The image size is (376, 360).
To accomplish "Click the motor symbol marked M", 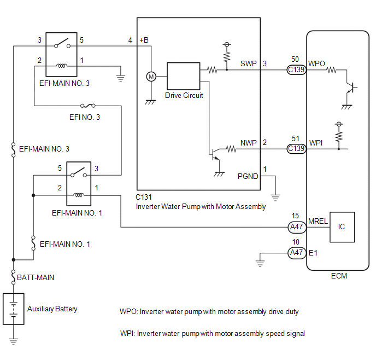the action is (151, 77).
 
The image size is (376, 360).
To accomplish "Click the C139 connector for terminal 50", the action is (297, 70).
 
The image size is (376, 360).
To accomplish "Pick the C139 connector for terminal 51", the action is (297, 149).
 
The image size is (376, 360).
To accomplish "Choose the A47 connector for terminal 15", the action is (297, 227).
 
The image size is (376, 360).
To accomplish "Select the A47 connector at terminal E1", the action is (297, 253).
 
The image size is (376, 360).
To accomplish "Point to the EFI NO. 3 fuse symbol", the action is (88, 106).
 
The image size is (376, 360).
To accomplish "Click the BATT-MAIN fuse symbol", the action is (14, 277).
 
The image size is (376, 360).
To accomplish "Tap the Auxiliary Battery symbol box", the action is (14, 309).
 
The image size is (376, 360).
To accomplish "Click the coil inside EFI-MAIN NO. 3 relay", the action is (62, 66).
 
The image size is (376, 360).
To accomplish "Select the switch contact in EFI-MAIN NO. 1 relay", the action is (79, 173).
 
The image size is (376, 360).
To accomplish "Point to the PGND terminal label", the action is (248, 176).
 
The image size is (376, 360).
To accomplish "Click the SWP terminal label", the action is (249, 63).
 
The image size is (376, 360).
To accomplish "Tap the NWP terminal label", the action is (249, 143).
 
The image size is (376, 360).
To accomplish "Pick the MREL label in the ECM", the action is (318, 221).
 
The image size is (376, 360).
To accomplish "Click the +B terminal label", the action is (144, 40).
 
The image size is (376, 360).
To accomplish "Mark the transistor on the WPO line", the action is (350, 88).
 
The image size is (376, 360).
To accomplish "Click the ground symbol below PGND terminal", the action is (275, 198).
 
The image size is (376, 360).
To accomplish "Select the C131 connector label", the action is (144, 198).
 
